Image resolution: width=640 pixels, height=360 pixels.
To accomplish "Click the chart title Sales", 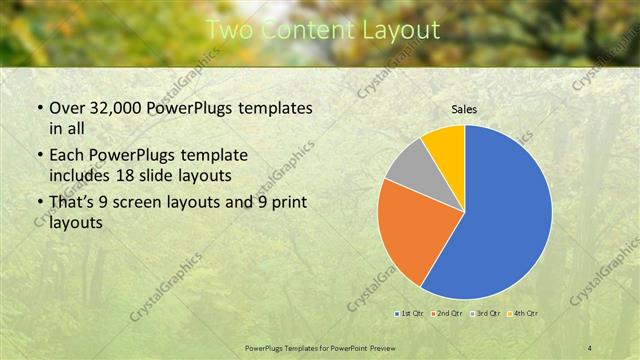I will coord(464,108).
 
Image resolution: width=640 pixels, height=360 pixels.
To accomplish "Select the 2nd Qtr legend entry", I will coord(446,315).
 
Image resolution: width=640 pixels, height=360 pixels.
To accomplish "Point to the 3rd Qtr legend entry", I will coord(483,315).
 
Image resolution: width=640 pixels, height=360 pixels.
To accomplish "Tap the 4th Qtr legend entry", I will coord(521,315).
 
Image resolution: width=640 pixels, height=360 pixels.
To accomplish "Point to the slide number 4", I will coord(589,347).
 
